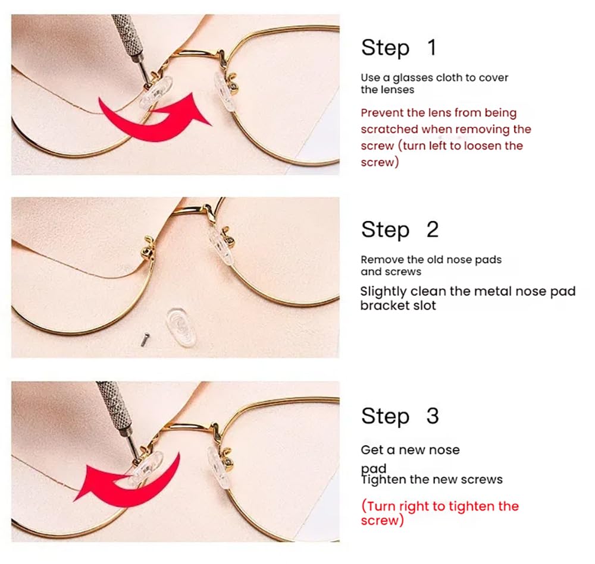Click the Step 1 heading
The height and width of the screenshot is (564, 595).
click(x=399, y=48)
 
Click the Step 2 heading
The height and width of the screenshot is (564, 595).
click(x=399, y=229)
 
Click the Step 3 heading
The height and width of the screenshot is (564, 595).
click(x=399, y=416)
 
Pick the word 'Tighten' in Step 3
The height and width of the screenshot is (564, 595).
click(x=383, y=479)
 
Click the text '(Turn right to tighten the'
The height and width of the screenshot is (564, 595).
click(x=440, y=506)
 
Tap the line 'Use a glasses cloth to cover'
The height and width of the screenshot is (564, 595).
click(x=434, y=78)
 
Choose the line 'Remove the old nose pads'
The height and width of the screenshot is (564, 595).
click(x=431, y=260)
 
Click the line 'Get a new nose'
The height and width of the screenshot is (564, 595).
click(x=410, y=450)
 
